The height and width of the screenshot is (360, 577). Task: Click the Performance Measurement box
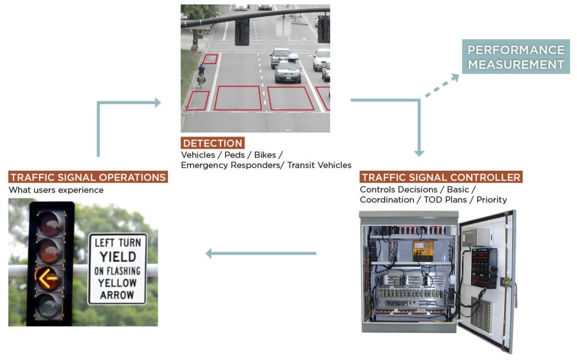tap(516, 57)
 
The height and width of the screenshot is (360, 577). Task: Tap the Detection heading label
tap(212, 143)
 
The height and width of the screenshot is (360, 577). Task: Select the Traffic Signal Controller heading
tap(441, 177)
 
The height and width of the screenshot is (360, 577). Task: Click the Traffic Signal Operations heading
tap(88, 177)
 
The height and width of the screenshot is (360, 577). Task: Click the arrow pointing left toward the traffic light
tap(260, 254)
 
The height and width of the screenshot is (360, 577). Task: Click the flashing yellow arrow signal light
tap(47, 277)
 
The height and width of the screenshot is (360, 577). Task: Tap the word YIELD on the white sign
tap(117, 257)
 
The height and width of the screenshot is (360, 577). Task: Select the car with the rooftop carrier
tap(288, 69)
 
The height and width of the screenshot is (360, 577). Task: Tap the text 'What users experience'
tap(56, 190)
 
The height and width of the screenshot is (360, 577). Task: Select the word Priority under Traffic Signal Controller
tap(491, 199)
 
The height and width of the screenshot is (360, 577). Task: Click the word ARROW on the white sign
tap(117, 295)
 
